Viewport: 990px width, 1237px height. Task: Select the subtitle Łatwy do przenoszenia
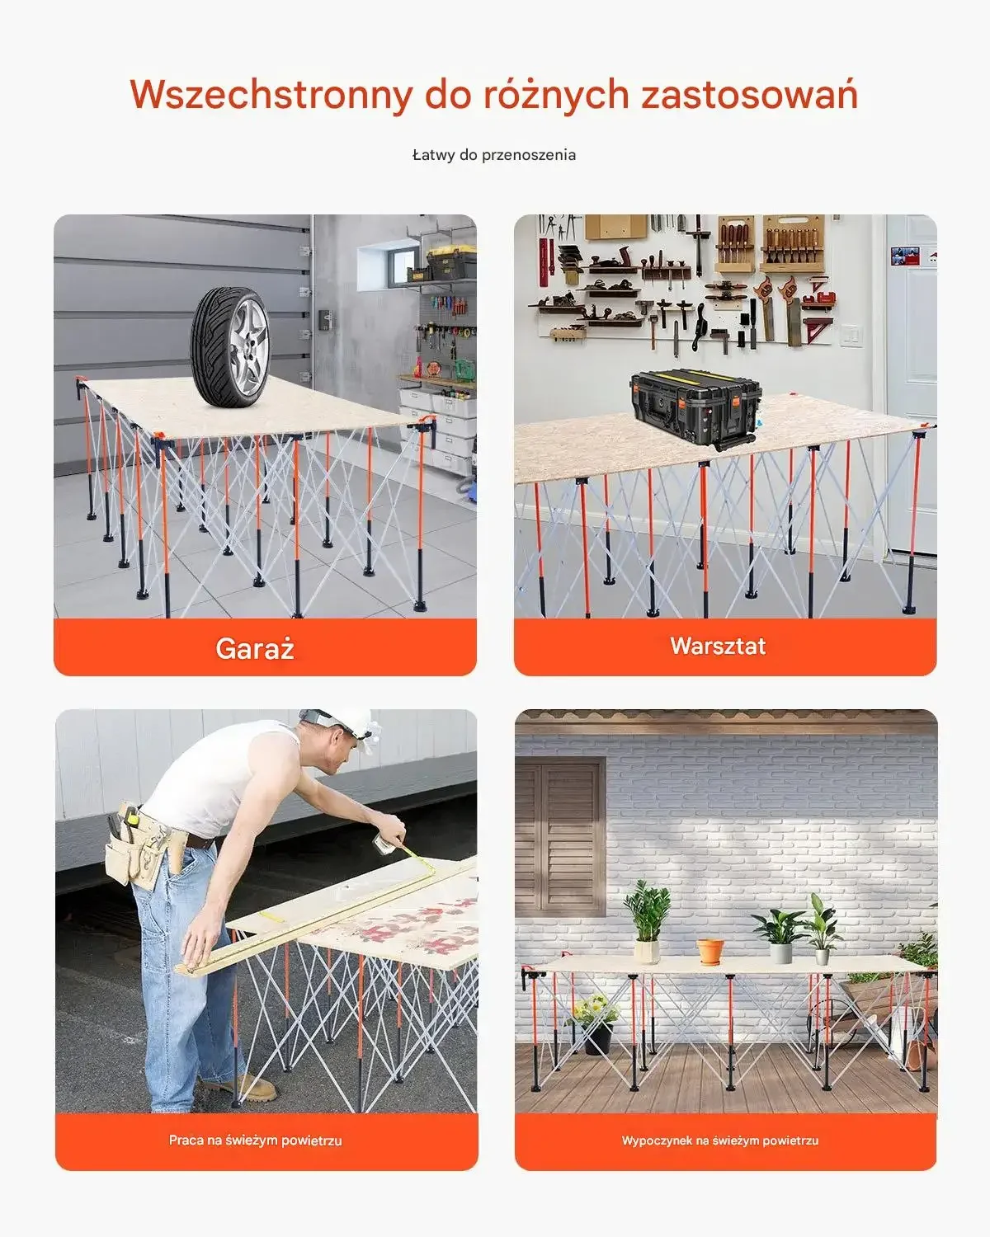click(x=494, y=155)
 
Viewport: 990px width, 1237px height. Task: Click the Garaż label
click(x=255, y=648)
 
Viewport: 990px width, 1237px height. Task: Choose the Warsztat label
click(x=718, y=646)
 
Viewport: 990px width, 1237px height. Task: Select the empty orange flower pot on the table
click(x=710, y=952)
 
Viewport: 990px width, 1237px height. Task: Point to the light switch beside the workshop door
click(x=851, y=336)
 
